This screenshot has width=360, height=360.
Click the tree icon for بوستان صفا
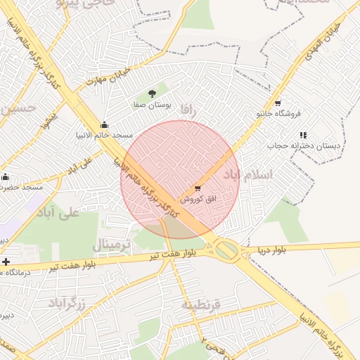pos(153,93)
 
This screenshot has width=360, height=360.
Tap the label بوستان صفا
pos(153,105)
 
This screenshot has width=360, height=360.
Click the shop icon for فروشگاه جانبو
pos(278,103)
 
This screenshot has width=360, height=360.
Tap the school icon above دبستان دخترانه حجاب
pos(303,135)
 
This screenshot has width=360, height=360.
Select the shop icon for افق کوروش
pos(197,188)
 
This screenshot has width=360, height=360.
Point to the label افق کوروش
pos(198,199)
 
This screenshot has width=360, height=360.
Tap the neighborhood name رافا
pos(187,109)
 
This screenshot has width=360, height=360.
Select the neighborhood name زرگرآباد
pos(67,303)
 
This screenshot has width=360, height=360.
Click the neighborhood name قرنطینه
pos(201,304)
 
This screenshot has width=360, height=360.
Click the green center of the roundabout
pos(226,249)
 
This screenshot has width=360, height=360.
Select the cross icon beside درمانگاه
pos(6,262)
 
